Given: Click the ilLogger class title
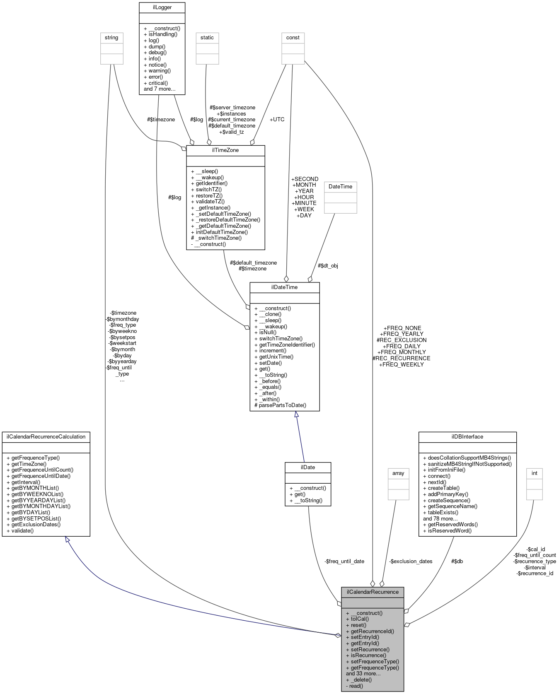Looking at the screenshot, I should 162,7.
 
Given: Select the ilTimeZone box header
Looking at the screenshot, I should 225,150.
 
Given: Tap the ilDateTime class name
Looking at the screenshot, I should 284,287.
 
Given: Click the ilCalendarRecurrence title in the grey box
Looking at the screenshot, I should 372,592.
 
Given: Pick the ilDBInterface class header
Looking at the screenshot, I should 467,436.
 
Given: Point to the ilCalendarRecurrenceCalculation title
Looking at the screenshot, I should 46,436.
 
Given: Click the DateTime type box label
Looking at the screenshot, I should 340,186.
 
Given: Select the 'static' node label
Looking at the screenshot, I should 207,37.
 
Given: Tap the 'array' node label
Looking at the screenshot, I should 398,473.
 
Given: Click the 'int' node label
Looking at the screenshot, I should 534,473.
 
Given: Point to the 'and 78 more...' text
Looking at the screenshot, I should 440,518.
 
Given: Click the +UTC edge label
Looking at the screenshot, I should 277,119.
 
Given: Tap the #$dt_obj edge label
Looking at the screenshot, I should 328,265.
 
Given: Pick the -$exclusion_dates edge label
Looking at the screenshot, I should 411,561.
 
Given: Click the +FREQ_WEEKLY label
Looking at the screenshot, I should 401,364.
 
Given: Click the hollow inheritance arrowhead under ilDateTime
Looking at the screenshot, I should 296,414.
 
